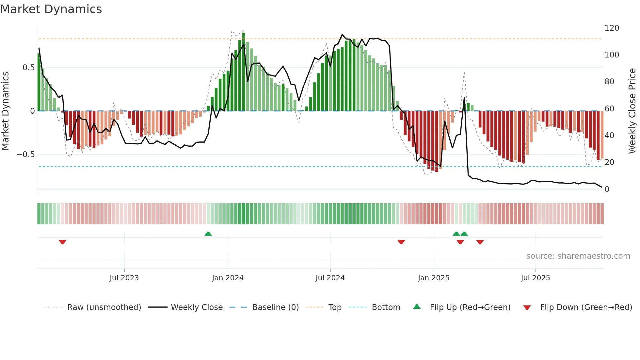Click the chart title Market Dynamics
tap(51, 9)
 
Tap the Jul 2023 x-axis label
tap(124, 278)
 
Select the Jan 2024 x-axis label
tap(228, 278)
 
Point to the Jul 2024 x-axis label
tap(330, 278)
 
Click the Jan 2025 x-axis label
tap(434, 278)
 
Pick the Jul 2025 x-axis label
tap(536, 278)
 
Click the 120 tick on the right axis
tap(612, 28)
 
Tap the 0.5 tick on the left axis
tap(28, 68)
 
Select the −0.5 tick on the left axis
tap(26, 155)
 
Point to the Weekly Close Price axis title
tap(632, 111)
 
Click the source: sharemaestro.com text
tap(578, 256)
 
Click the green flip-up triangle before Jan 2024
tap(208, 234)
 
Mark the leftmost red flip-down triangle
tap(62, 242)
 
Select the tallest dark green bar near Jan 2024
tap(244, 72)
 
